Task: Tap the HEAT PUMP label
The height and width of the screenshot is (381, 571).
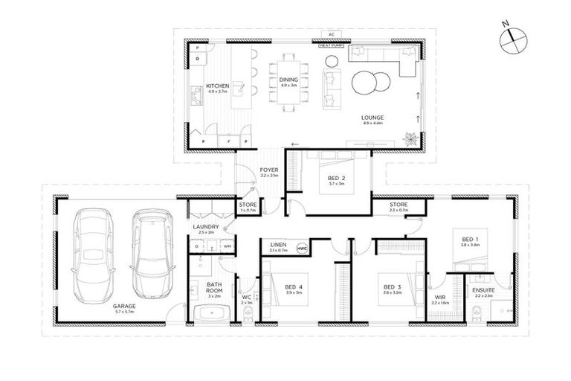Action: [331, 45]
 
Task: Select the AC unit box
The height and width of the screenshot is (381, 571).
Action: [331, 34]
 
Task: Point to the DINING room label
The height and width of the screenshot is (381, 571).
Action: [289, 80]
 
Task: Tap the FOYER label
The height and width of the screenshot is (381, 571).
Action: [268, 172]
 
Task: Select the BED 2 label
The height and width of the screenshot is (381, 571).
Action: [337, 179]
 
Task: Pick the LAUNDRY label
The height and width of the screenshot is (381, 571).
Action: [204, 228]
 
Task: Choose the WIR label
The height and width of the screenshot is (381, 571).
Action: [440, 299]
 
